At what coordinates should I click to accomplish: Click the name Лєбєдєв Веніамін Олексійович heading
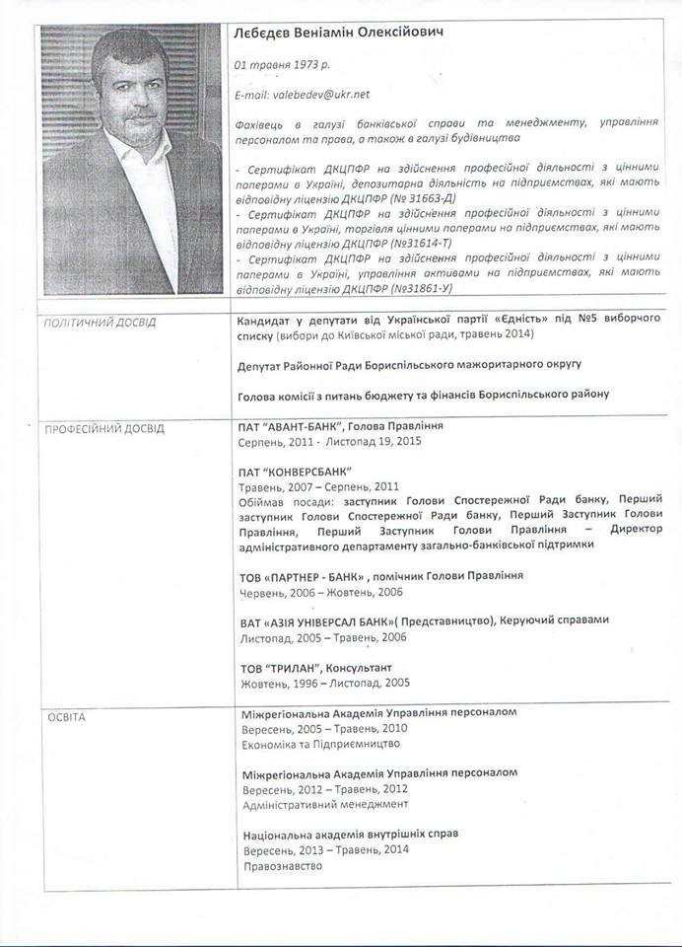(x=337, y=34)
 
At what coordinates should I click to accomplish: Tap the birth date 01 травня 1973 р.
(x=282, y=65)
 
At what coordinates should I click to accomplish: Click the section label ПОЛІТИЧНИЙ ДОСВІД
(x=102, y=323)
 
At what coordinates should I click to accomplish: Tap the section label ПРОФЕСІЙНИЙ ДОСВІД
(x=105, y=429)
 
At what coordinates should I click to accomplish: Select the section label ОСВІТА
(x=67, y=716)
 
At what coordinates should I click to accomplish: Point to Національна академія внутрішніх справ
(x=350, y=834)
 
